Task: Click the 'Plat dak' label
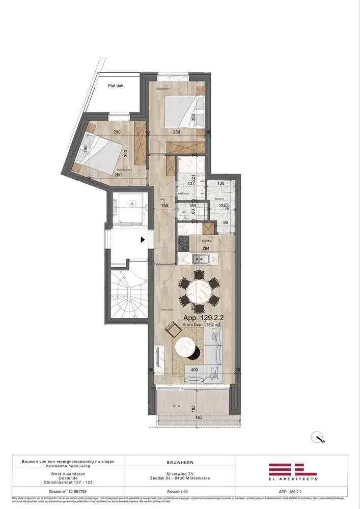pyautogui.click(x=116, y=86)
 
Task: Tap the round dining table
pyautogui.click(x=200, y=293)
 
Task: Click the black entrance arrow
pyautogui.click(x=143, y=239)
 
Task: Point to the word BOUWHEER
pyautogui.click(x=180, y=463)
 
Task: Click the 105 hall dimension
pyautogui.click(x=164, y=206)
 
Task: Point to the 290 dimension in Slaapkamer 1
pyautogui.click(x=117, y=133)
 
